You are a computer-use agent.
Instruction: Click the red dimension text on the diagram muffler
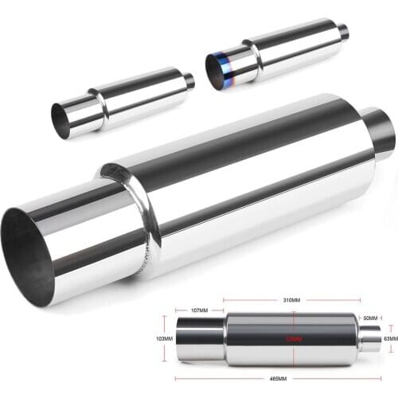[x=295, y=339]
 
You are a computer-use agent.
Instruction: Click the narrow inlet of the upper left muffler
[x=188, y=80]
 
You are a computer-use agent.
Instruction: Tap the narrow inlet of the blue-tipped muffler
[x=342, y=32]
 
